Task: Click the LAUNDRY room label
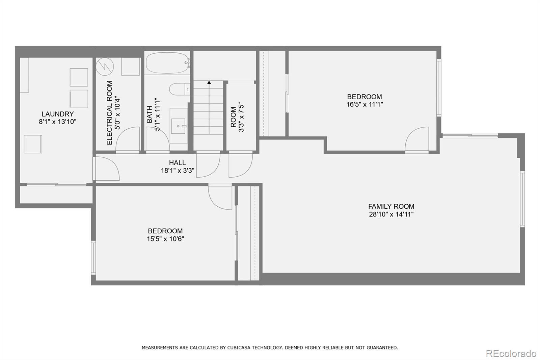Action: [x=58, y=114]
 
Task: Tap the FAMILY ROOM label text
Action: [x=391, y=207]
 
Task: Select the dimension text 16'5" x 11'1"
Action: [x=364, y=104]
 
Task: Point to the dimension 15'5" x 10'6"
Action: [x=165, y=239]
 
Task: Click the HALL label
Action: [x=177, y=163]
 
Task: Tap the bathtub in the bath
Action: [x=167, y=63]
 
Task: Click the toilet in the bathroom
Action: [x=180, y=89]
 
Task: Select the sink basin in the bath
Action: [x=179, y=126]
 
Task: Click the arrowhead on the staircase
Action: [x=209, y=82]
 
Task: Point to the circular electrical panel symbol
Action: [x=105, y=67]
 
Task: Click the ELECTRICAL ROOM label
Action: [x=109, y=113]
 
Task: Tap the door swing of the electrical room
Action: [x=128, y=140]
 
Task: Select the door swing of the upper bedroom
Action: [x=417, y=140]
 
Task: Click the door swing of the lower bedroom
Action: [x=220, y=197]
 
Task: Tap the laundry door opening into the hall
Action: [x=106, y=169]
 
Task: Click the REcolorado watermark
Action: [x=511, y=354]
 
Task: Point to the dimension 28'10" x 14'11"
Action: [x=391, y=214]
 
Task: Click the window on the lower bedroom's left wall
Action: [x=93, y=257]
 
